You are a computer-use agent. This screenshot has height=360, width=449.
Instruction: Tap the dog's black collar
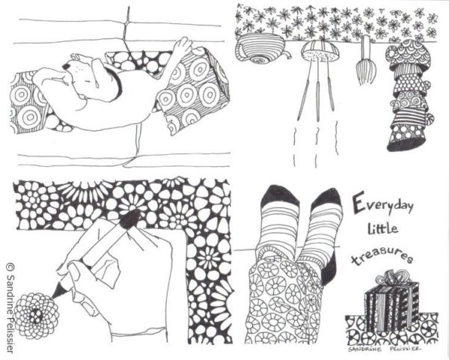(115, 85)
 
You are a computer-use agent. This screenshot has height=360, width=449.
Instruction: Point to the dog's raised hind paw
(180, 48)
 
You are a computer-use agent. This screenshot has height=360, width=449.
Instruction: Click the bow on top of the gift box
(391, 278)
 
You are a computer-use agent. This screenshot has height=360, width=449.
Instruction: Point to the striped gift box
(391, 302)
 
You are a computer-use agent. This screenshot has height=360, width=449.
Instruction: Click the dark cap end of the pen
(129, 219)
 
